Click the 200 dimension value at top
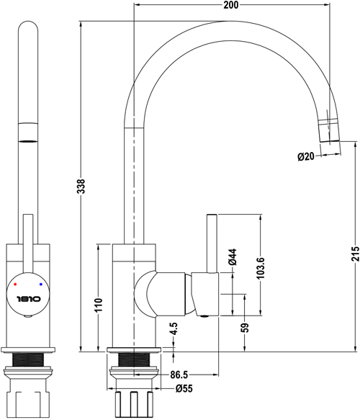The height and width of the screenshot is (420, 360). coord(230,5)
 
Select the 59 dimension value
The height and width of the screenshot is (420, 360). coord(245,327)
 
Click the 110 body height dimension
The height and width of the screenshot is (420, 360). coord(98,307)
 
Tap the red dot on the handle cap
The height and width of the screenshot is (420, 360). coord(14,286)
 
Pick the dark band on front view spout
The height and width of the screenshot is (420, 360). coord(28,132)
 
